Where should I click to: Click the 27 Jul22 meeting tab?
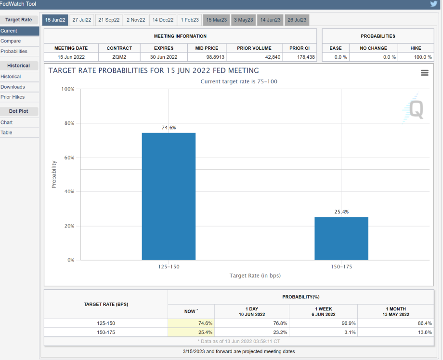82,20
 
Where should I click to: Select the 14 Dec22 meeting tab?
163,20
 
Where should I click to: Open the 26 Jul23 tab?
297,20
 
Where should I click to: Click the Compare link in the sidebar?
11,41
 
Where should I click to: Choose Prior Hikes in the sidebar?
13,97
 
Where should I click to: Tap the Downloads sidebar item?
13,87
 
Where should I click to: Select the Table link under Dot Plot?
7,133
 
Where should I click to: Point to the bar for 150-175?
341,238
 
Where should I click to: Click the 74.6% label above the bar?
169,128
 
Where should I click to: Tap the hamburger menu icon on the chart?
424,73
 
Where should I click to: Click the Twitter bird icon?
434,4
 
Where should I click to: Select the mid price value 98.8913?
207,57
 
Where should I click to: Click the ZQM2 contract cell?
119,57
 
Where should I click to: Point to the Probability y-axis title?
54,174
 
